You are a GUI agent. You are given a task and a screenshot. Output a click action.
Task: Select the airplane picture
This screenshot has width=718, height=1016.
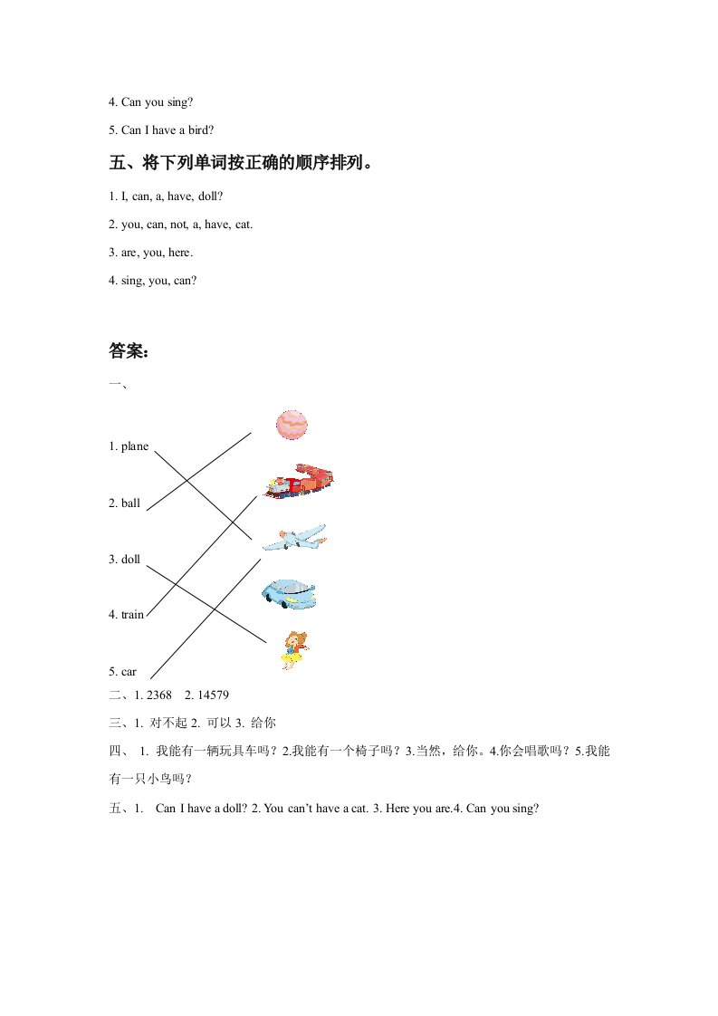click(294, 537)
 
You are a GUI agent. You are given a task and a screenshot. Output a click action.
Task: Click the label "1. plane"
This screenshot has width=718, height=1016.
click(128, 446)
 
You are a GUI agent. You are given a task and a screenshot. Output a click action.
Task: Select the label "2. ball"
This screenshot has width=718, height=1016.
click(124, 503)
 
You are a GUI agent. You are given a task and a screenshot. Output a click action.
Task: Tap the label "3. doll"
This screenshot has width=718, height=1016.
click(124, 560)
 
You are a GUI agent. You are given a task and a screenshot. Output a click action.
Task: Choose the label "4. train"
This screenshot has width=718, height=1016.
click(126, 615)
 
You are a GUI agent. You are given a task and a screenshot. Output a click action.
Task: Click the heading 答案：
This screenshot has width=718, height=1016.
click(129, 352)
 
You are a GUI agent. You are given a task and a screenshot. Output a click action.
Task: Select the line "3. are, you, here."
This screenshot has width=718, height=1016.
click(150, 253)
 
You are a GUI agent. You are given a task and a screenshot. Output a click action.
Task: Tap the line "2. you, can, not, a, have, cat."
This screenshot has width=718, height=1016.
click(180, 224)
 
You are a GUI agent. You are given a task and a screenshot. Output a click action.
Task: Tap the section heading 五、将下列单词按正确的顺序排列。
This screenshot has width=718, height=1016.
click(242, 164)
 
